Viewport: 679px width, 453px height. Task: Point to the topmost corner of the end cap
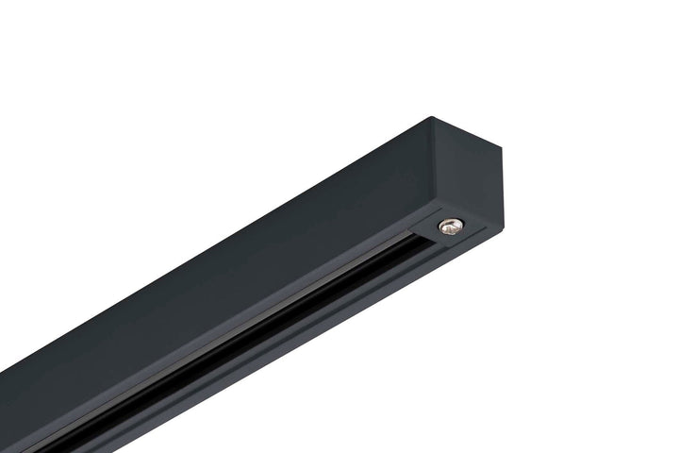coord(432,117)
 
